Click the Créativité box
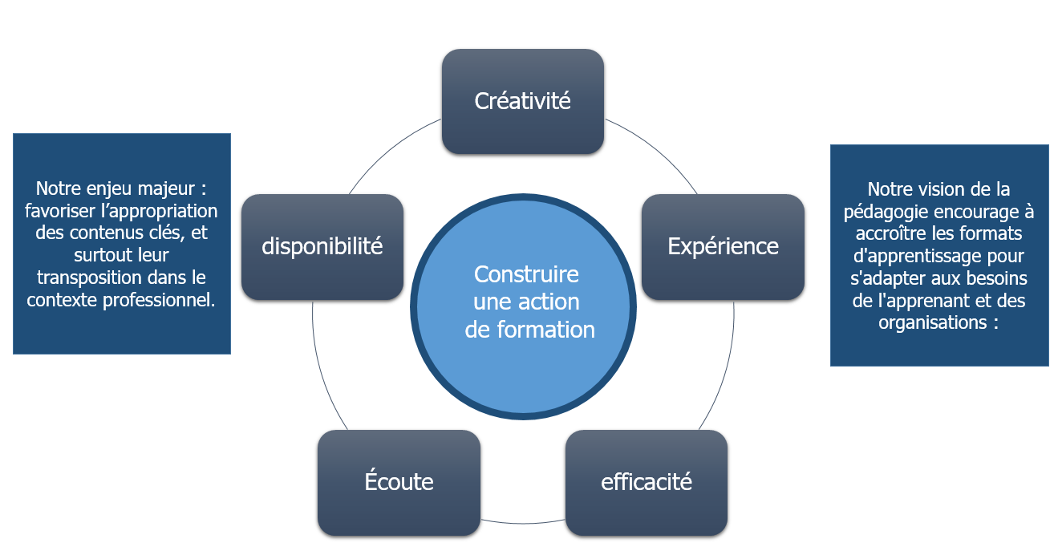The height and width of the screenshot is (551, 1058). click(522, 101)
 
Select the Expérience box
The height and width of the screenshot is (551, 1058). click(723, 246)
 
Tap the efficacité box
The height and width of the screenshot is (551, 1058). click(647, 482)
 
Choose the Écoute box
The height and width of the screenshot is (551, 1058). click(399, 482)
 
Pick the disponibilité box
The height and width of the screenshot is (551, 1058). click(322, 246)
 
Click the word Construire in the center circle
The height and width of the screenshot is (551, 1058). click(526, 274)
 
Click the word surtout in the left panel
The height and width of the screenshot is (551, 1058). click(100, 256)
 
